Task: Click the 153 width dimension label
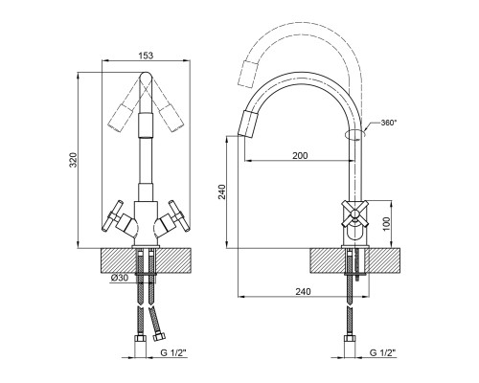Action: click(x=146, y=56)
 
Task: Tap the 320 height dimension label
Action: click(x=74, y=160)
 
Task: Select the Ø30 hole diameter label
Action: click(x=120, y=278)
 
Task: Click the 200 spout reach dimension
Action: click(x=300, y=155)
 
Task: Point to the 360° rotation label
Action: click(x=389, y=123)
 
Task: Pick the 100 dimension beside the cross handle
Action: click(x=386, y=224)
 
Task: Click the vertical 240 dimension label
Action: click(x=222, y=191)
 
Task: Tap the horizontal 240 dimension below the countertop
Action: click(x=303, y=291)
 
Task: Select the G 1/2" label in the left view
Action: click(x=173, y=352)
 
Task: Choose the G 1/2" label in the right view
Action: click(x=383, y=352)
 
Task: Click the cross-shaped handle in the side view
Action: click(x=354, y=214)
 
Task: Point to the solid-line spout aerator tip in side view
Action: click(x=247, y=123)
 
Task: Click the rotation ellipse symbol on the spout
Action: click(x=355, y=135)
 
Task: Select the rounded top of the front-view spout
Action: click(x=146, y=77)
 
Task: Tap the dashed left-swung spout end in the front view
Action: click(x=120, y=118)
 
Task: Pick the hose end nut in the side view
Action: click(x=350, y=338)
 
